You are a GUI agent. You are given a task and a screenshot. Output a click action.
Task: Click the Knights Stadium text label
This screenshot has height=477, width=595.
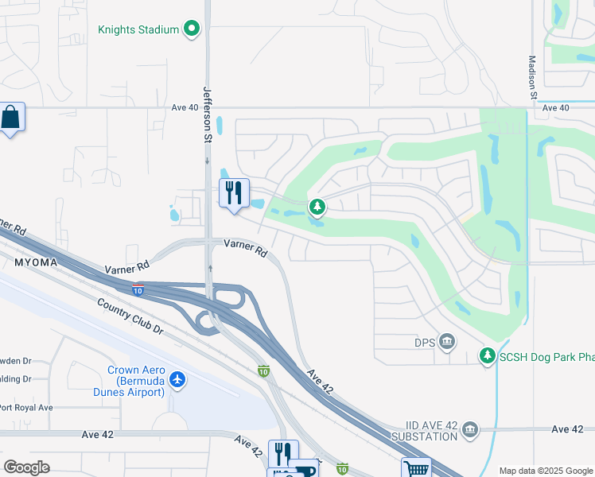[138, 30]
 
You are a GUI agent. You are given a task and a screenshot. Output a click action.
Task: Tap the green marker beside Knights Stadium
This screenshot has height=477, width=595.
[191, 30]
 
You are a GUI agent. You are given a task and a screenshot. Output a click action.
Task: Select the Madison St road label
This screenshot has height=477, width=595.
[534, 78]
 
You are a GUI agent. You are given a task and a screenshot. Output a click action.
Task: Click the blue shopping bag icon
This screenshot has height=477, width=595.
[12, 118]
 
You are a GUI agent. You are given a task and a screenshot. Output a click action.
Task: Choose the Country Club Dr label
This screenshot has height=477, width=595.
[130, 316]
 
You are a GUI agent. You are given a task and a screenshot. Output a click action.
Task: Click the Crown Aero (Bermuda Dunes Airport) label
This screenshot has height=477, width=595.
[136, 381]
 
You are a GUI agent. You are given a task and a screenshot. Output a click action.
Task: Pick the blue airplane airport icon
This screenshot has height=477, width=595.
[177, 380]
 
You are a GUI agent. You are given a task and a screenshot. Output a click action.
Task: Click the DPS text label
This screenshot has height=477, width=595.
[423, 342]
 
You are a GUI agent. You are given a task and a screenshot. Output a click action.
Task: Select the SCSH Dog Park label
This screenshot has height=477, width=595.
[546, 356]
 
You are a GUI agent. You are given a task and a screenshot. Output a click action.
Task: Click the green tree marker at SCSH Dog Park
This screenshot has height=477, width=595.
[487, 356]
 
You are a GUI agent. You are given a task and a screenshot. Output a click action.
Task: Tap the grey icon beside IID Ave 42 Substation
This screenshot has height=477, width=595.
[470, 430]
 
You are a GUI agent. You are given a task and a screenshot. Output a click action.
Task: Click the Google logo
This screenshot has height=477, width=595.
[26, 467]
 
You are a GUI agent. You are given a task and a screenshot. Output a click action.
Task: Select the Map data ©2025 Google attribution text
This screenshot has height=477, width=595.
[545, 471]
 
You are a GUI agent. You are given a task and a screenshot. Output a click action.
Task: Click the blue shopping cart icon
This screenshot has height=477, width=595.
[415, 468]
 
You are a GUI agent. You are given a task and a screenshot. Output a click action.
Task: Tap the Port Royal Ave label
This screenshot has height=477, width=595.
[25, 408]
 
